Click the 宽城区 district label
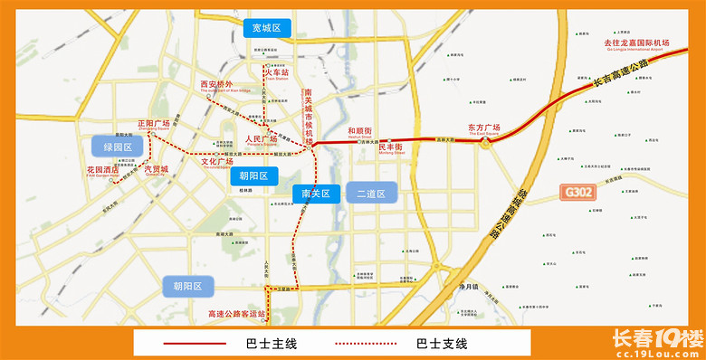(x=267, y=28)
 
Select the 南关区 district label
(x=317, y=193)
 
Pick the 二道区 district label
(x=371, y=194)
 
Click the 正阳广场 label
(x=153, y=122)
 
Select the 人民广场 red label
(x=262, y=138)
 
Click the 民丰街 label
(x=391, y=147)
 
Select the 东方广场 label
(x=484, y=128)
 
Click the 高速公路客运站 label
(x=236, y=314)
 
